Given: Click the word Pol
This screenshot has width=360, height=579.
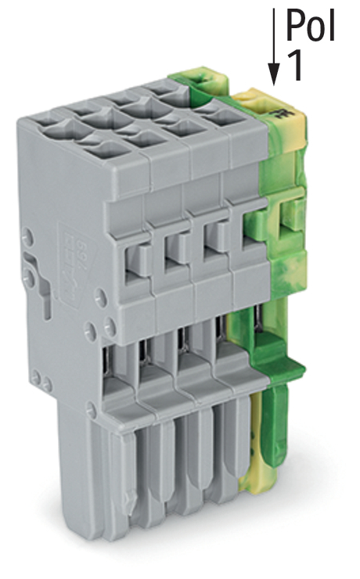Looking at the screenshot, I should (x=311, y=27).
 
